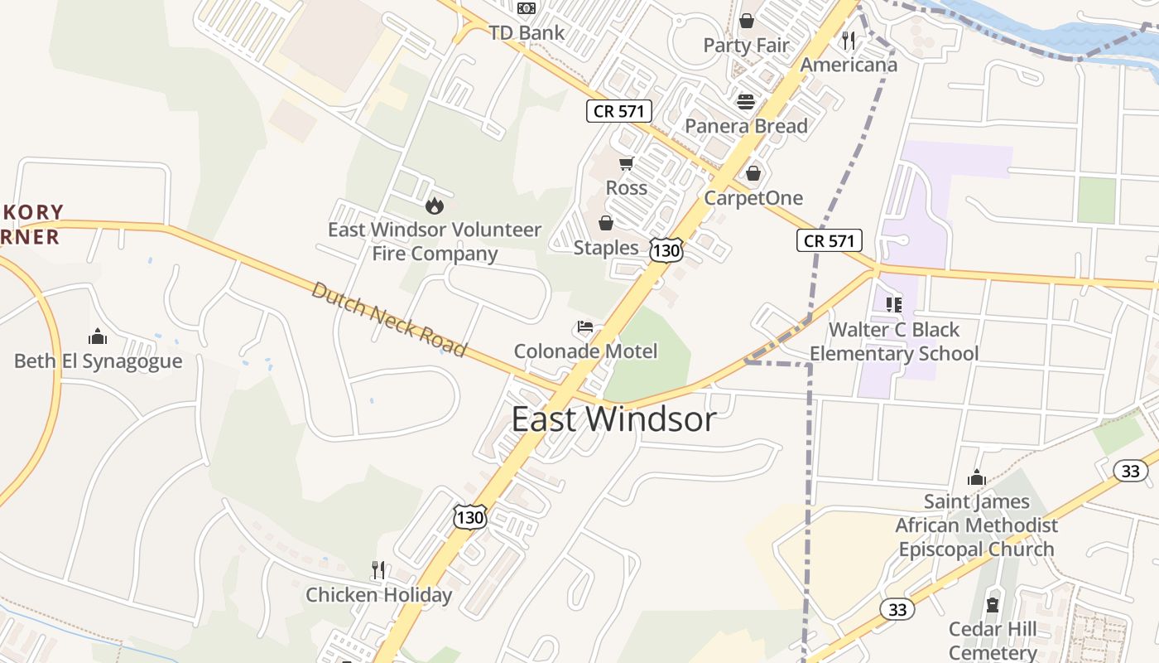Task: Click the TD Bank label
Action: click(527, 33)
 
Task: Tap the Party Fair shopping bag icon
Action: click(747, 21)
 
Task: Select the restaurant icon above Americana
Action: click(848, 40)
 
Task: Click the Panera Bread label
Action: click(746, 126)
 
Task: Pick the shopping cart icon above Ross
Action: click(626, 164)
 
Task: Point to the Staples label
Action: click(606, 248)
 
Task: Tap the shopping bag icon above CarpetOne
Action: click(753, 173)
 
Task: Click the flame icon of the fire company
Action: click(435, 206)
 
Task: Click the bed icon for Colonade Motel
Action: click(585, 327)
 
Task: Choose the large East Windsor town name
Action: click(613, 419)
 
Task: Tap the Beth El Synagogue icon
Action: click(98, 336)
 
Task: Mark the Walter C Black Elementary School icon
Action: click(894, 305)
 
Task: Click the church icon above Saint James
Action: click(977, 477)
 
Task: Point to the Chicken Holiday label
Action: click(379, 595)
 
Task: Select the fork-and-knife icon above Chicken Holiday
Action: click(378, 570)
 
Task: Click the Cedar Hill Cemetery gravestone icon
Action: click(993, 605)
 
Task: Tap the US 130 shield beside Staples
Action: click(666, 249)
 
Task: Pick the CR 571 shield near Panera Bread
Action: click(619, 111)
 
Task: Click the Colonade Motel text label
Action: click(585, 351)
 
